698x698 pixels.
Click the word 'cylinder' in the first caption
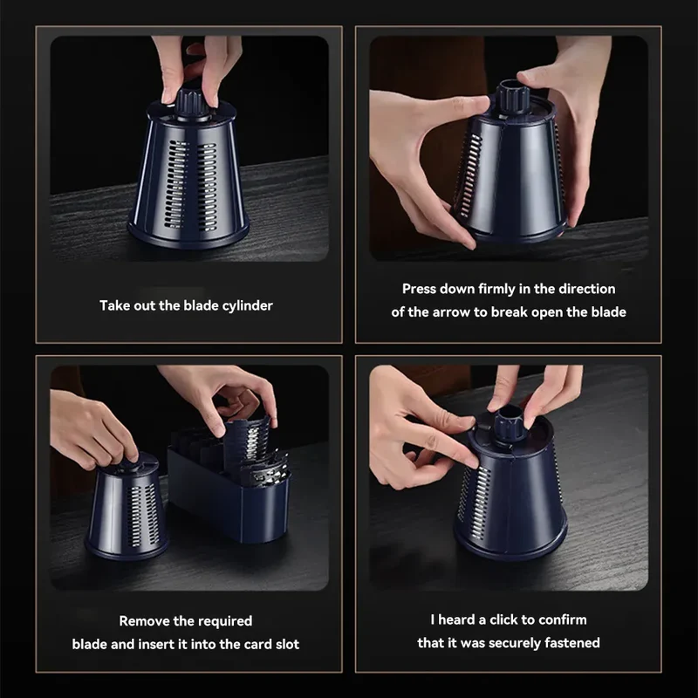[247, 306]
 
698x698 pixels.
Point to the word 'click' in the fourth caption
[504, 619]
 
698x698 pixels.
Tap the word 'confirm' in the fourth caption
[563, 619]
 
